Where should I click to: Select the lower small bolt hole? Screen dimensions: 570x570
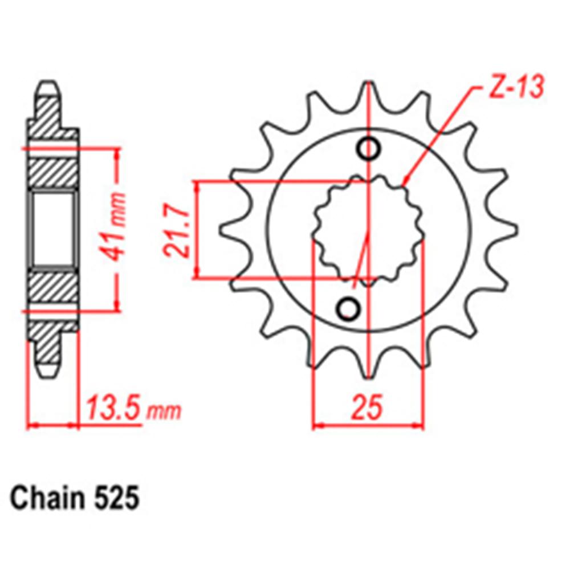(348, 308)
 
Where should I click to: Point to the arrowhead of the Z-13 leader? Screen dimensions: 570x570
(405, 184)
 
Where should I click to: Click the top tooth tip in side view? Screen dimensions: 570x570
(48, 89)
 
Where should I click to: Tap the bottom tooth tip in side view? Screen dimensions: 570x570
(48, 369)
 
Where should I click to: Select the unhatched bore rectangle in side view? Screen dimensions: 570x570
(53, 229)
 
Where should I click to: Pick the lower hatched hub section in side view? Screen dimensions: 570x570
(53, 288)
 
